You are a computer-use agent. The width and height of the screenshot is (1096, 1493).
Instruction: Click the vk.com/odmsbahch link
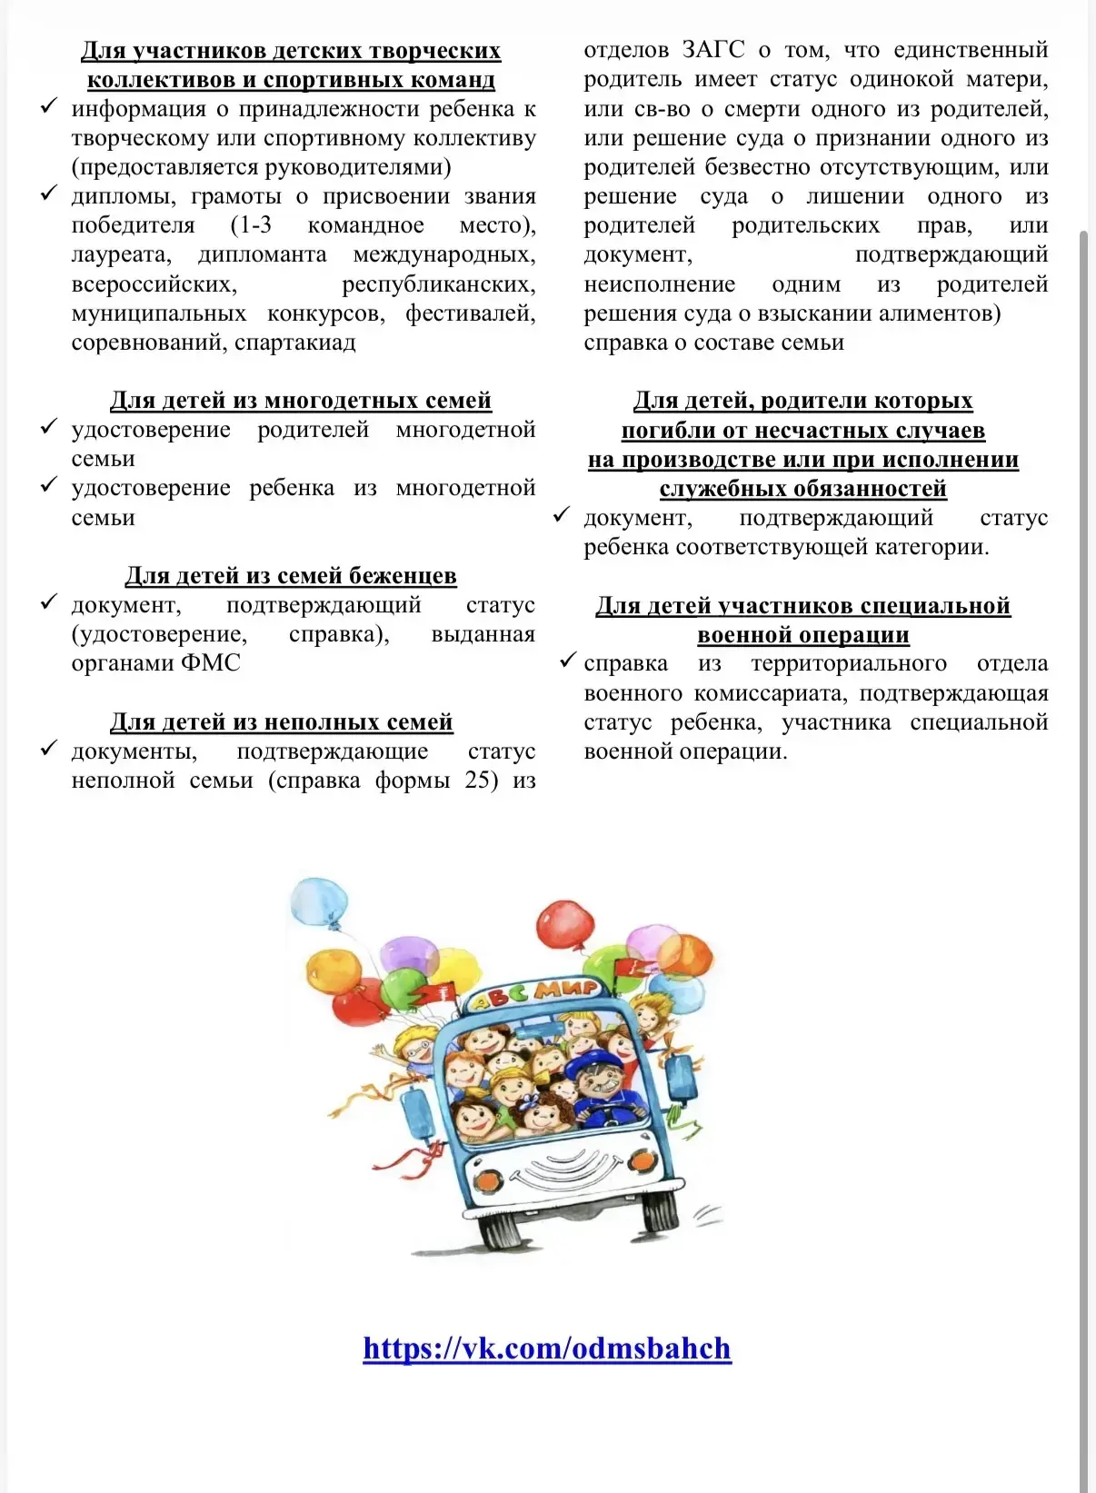pyautogui.click(x=546, y=1349)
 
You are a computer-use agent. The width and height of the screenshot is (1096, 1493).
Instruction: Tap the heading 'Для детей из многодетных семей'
pyautogui.click(x=301, y=401)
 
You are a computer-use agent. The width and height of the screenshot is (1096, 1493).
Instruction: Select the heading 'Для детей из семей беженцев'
pyautogui.click(x=291, y=576)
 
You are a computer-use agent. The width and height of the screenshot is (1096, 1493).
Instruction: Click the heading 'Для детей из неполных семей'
pyautogui.click(x=282, y=722)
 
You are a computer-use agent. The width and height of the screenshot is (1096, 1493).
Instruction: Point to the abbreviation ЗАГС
pyautogui.click(x=713, y=50)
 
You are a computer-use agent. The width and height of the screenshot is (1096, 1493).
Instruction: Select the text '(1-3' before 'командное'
pyautogui.click(x=251, y=225)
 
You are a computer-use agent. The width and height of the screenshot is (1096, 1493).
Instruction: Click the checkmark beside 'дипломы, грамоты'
pyautogui.click(x=49, y=195)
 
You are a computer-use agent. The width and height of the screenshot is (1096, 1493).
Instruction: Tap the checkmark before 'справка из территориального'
pyautogui.click(x=569, y=661)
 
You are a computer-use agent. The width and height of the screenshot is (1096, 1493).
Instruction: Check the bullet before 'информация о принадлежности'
pyautogui.click(x=49, y=107)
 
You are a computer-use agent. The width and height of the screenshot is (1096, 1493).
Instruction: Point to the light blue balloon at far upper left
pyautogui.click(x=318, y=901)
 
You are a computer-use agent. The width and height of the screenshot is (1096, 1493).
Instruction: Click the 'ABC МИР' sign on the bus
pyautogui.click(x=533, y=993)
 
